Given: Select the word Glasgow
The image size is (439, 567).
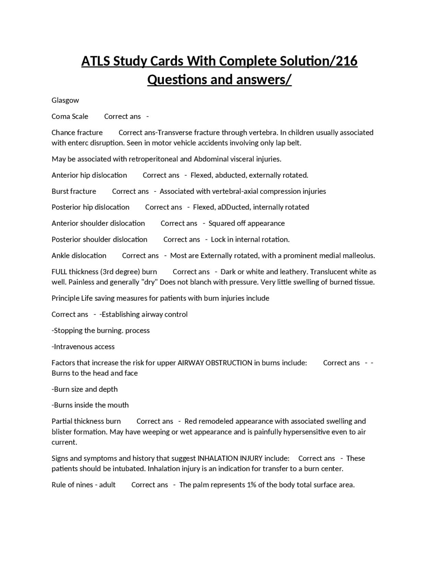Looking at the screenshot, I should (65, 100).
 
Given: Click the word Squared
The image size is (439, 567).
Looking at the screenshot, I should (222, 223).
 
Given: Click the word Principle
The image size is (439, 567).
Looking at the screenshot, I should (65, 298).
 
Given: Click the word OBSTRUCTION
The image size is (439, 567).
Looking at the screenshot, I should (229, 363).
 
